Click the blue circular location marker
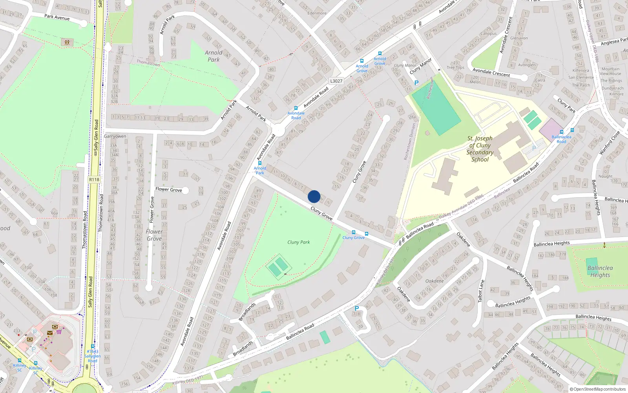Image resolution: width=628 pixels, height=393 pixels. [314, 196]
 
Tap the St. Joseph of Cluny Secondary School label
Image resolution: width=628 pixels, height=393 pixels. [480, 149]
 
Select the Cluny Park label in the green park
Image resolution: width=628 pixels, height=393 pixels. [298, 242]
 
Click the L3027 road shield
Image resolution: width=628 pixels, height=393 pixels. [336, 81]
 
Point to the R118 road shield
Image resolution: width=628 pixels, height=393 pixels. [94, 180]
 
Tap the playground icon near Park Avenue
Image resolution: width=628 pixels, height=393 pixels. [67, 42]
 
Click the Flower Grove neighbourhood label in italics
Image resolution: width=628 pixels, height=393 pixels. [154, 235]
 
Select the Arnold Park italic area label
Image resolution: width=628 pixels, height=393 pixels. [214, 56]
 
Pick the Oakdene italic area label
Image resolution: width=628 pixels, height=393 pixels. [434, 281]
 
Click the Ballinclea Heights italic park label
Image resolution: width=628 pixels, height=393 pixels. [600, 271]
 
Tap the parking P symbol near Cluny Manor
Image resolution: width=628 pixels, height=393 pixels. [416, 83]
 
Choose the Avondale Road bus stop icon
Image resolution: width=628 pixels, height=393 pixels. [296, 108]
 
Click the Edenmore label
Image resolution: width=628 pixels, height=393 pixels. [317, 13]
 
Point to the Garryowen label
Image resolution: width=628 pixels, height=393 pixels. [115, 136]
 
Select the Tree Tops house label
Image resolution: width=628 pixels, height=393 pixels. [455, 68]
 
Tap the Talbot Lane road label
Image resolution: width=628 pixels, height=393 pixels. [482, 291]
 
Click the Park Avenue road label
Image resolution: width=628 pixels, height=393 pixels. [57, 17]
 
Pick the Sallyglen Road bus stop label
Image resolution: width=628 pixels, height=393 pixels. [92, 356]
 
